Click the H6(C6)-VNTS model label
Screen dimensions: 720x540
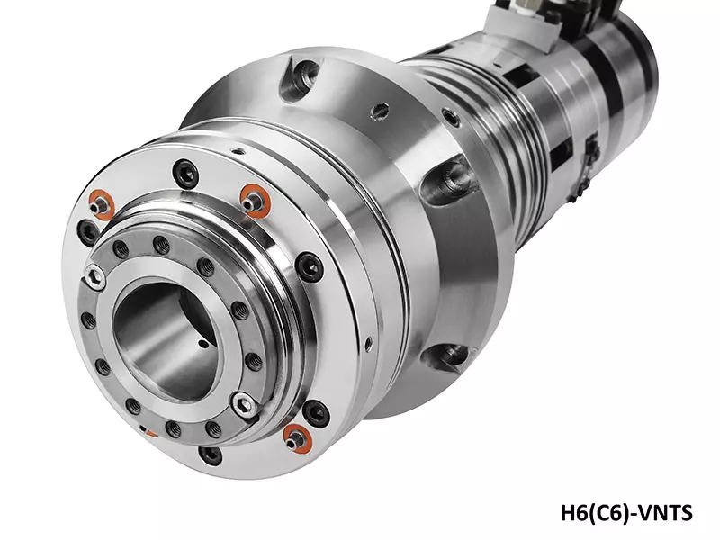coord(626,512)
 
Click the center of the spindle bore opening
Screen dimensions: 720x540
coord(166,338)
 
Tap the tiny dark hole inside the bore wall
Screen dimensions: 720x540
coord(202,343)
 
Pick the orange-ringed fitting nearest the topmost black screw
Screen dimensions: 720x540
coord(256,199)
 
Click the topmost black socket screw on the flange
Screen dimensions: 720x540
coord(186,172)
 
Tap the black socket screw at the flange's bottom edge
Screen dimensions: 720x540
coord(211,454)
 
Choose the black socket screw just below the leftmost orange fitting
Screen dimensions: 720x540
coord(88,229)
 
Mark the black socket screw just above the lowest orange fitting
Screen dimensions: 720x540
coord(316,413)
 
